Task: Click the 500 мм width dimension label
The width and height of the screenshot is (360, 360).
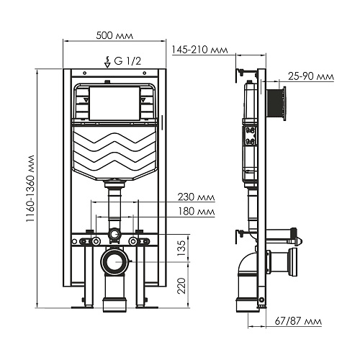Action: (x=114, y=35)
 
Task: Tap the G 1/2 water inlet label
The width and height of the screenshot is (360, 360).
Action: (x=127, y=61)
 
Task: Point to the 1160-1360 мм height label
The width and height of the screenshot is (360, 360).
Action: (x=31, y=189)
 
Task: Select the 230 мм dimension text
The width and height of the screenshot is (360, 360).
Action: (x=196, y=197)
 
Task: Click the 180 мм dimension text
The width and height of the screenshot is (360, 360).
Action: (x=196, y=212)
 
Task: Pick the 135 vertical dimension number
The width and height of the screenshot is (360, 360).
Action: (x=181, y=248)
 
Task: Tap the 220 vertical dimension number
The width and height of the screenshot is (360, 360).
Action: (x=181, y=286)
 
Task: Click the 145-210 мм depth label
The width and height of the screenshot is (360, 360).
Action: (x=200, y=50)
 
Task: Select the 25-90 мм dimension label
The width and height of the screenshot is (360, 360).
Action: (x=311, y=76)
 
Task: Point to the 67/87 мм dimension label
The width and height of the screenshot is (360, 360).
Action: (x=298, y=321)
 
